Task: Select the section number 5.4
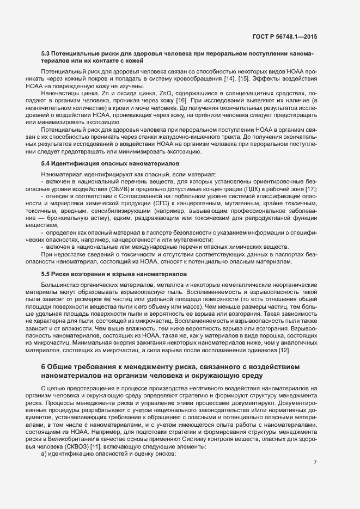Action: pos(45,163)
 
